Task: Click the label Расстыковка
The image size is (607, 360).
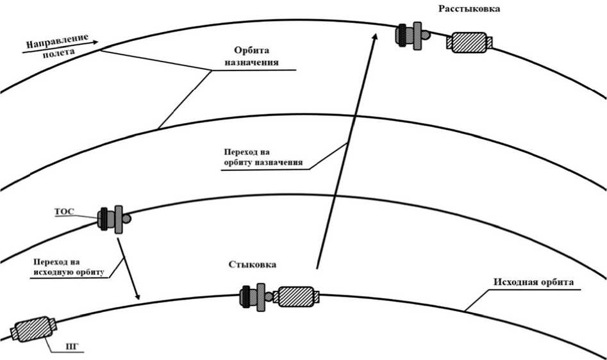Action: [469, 9]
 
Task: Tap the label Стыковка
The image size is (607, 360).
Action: [253, 265]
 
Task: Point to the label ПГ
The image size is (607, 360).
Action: [71, 348]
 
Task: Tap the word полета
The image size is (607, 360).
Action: [58, 54]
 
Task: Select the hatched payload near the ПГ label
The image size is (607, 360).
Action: [32, 329]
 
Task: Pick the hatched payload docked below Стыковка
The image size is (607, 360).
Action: [297, 296]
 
